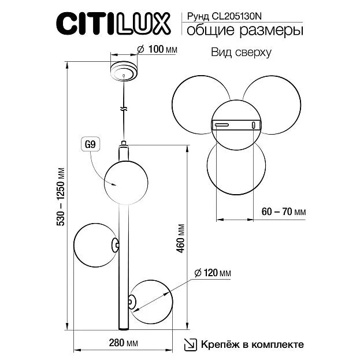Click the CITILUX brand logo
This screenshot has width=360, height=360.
coord(113,24)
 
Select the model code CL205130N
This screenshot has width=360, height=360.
coord(237,16)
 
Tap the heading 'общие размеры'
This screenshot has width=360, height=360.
coord(245,31)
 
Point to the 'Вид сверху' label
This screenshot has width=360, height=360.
coord(241,53)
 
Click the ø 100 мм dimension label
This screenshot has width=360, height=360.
coord(157,49)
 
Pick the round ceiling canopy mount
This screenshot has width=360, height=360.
coord(124,70)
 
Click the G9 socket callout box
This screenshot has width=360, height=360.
coord(91,144)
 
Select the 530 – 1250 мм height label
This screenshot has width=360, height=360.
coord(61,197)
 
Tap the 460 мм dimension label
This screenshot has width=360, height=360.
coord(181,238)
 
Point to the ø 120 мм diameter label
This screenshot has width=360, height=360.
coord(213,273)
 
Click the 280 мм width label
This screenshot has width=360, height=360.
coord(123,343)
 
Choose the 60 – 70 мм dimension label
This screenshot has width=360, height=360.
coord(284,211)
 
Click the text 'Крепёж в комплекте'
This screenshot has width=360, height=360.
coord(253,344)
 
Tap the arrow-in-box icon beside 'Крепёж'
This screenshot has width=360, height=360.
coord(191,344)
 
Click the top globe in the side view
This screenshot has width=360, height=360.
coord(126,183)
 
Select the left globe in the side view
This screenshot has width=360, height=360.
coord(96,245)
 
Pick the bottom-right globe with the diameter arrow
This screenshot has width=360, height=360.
coord(151,302)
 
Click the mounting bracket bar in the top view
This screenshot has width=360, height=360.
coord(236,125)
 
